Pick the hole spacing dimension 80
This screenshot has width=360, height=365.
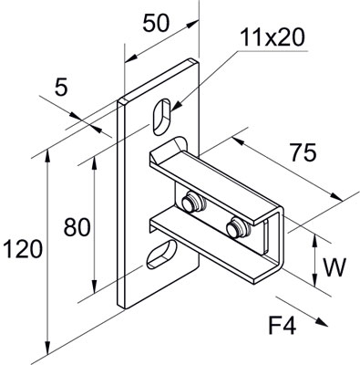tap(76, 225)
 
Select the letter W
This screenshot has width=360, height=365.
tap(336, 268)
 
